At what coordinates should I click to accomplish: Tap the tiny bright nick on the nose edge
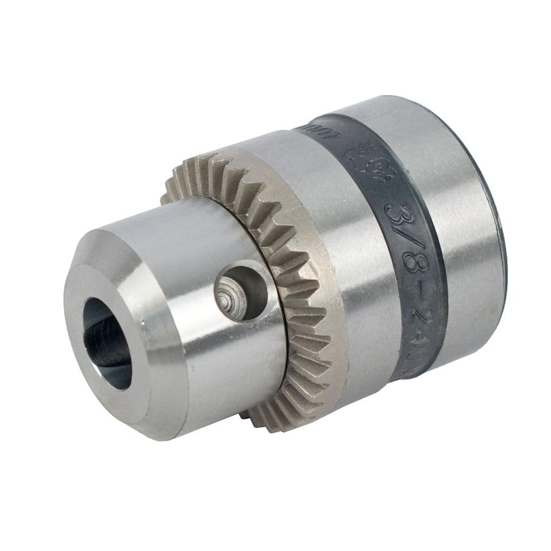[x=142, y=323]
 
